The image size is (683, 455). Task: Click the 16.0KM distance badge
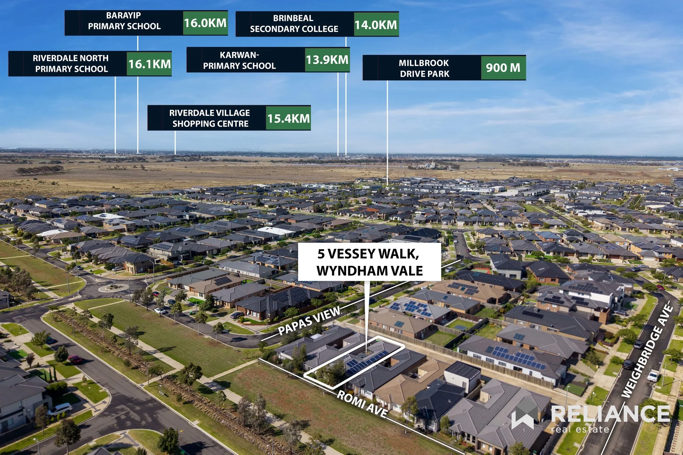pyautogui.click(x=205, y=23)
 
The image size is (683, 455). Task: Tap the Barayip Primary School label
pyautogui.click(x=124, y=21)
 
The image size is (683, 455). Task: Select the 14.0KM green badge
pyautogui.click(x=376, y=25)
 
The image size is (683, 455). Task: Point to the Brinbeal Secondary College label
pyautogui.click(x=294, y=23)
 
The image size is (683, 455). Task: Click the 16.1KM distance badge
pyautogui.click(x=149, y=64)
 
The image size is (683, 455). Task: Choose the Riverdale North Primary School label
pyautogui.click(x=71, y=64)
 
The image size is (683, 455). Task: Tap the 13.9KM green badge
pyautogui.click(x=327, y=60)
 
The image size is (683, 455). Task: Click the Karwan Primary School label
pyautogui.click(x=239, y=60)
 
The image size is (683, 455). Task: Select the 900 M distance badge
pyautogui.click(x=503, y=68)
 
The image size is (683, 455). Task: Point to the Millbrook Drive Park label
pyautogui.click(x=424, y=68)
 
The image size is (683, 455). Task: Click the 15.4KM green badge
pyautogui.click(x=288, y=118)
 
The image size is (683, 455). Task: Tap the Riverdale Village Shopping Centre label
pyautogui.click(x=210, y=118)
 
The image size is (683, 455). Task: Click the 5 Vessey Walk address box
pyautogui.click(x=370, y=262)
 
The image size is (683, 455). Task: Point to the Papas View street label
pyautogui.click(x=309, y=321)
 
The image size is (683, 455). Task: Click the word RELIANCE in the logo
pyautogui.click(x=610, y=414)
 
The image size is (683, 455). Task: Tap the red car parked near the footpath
pyautogui.click(x=75, y=359)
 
